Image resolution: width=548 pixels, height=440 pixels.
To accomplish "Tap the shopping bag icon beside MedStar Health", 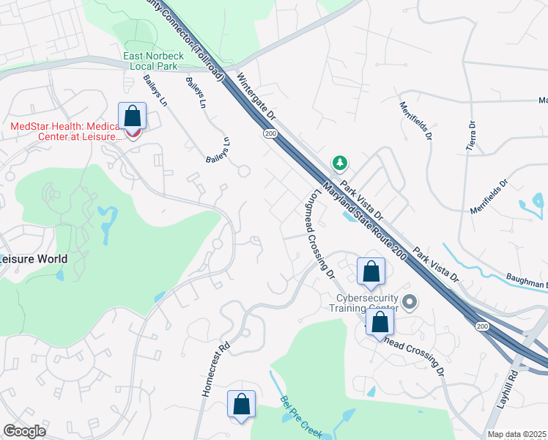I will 132,116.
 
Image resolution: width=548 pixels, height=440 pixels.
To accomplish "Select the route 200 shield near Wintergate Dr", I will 270,133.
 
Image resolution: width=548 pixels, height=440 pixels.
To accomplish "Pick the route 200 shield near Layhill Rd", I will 482,326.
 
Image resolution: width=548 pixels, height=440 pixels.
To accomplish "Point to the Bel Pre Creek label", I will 301,416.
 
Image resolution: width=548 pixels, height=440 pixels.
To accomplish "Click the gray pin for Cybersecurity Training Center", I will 410,301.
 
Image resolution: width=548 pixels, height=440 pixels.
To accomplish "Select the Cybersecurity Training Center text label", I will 366,303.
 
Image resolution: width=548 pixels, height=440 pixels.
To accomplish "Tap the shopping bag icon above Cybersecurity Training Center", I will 371,271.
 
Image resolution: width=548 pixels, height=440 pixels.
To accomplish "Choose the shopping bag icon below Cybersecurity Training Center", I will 379,322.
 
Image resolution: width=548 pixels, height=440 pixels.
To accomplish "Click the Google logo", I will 24,431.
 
